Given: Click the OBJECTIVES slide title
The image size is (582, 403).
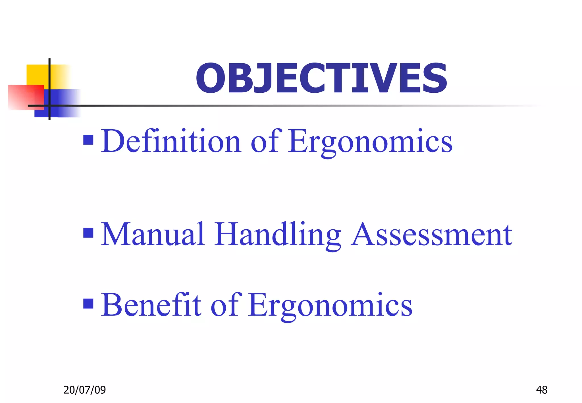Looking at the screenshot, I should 321,78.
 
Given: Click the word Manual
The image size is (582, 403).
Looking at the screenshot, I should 153,234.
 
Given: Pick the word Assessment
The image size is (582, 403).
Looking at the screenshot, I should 432,235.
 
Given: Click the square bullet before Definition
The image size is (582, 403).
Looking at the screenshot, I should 88,140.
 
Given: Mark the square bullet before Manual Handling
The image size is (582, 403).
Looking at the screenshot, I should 88,233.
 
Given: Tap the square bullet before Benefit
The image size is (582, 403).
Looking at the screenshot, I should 88,304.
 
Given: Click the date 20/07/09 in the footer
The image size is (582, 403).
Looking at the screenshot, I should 84,390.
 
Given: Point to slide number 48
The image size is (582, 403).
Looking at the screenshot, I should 541,390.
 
